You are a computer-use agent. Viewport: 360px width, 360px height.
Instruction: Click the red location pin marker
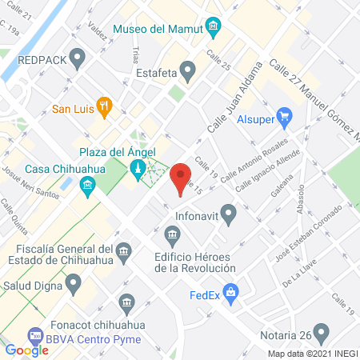(181, 178)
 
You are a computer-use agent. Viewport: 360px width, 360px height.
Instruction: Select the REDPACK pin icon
(78, 58)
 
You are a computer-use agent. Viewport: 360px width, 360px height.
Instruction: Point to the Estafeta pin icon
(187, 72)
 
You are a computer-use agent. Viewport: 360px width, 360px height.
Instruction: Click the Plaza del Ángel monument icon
(138, 167)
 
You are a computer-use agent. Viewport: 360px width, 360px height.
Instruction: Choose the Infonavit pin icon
(229, 214)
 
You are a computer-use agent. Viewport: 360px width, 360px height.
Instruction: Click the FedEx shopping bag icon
(231, 293)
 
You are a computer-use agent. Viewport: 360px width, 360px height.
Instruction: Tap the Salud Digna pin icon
(74, 282)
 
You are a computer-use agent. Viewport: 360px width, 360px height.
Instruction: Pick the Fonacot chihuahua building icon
(126, 303)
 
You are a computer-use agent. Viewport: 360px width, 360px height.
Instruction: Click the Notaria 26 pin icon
(322, 332)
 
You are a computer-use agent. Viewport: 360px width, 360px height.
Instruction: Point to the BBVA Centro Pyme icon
(34, 336)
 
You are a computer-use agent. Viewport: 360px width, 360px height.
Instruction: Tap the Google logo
(27, 350)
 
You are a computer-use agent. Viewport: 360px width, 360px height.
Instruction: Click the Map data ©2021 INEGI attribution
(312, 354)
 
